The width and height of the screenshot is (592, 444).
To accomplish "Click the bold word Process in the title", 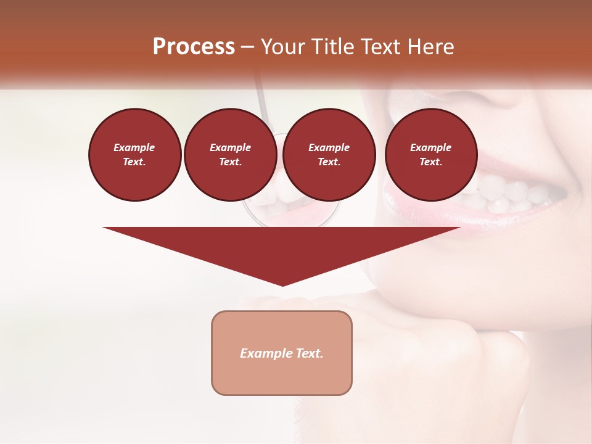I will [194, 46].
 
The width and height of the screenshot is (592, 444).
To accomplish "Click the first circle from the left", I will [134, 155].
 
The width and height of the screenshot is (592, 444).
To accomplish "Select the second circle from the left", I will [231, 155].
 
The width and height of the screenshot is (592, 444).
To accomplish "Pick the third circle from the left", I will [329, 155].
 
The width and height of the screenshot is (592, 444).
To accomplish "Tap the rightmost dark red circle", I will [431, 155].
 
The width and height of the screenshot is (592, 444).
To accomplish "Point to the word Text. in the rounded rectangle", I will [308, 353].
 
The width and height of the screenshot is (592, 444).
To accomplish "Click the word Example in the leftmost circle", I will [134, 147].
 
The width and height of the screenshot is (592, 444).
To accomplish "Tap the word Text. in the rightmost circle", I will [431, 162].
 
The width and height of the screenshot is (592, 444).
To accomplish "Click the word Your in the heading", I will [281, 46].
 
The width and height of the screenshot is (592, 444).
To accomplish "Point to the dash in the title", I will [247, 47].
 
